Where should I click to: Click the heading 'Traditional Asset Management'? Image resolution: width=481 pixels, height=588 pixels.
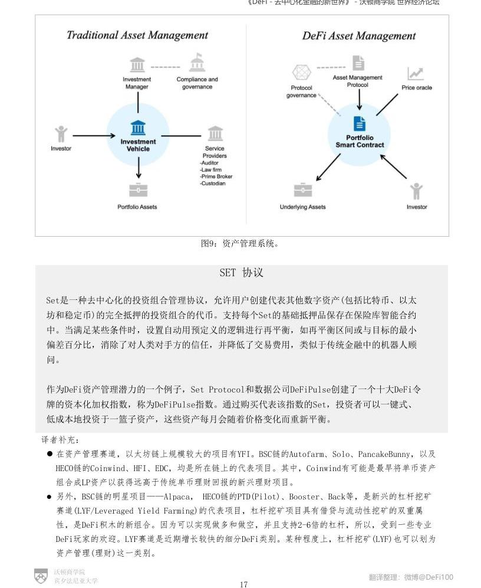click(137, 35)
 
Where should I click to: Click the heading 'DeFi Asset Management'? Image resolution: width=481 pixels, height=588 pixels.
click(359, 36)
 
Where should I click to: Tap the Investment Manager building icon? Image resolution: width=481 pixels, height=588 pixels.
click(137, 64)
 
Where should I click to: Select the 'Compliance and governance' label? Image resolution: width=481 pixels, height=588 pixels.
click(197, 83)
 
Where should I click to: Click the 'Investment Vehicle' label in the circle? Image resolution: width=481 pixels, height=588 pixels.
click(138, 145)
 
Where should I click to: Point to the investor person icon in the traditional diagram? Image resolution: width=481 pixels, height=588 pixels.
click(61, 134)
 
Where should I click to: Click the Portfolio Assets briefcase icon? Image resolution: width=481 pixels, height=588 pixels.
click(138, 190)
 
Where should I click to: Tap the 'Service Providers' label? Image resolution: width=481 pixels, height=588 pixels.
click(215, 152)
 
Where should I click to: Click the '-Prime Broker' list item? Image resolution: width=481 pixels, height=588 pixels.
click(216, 177)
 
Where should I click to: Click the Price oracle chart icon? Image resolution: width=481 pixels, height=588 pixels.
click(416, 74)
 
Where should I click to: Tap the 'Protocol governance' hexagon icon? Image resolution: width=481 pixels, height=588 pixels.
click(301, 73)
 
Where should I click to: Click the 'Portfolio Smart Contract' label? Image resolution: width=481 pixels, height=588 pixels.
click(360, 142)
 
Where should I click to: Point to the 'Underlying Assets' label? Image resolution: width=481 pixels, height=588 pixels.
click(302, 207)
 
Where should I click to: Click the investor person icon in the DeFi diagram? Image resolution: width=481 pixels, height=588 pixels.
click(416, 191)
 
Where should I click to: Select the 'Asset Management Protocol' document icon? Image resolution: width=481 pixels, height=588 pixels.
click(358, 63)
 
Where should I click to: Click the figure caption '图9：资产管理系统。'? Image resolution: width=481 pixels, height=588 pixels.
click(239, 244)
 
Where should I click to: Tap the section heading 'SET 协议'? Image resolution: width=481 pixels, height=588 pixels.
click(241, 273)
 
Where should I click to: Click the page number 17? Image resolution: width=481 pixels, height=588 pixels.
click(243, 584)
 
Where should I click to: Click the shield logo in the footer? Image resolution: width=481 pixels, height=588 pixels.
click(41, 576)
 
